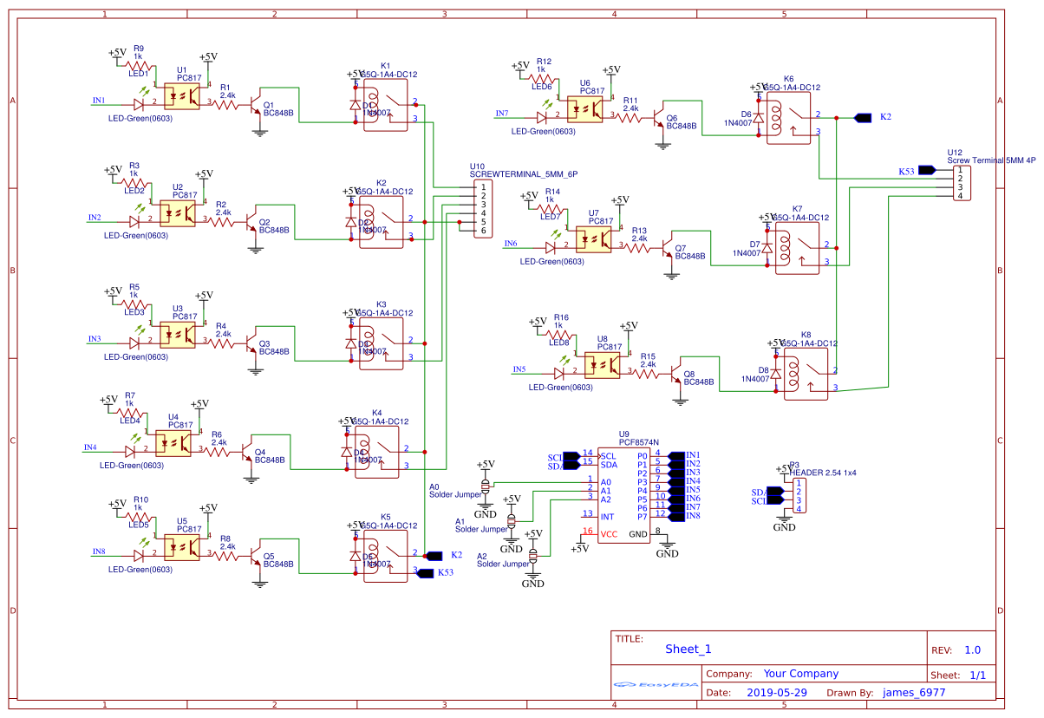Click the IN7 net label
pos(502,114)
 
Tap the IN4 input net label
pos(90,447)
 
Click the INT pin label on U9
pos(607,517)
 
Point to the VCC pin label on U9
pos(610,534)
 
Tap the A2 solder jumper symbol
pos(533,556)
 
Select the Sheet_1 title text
pos(688,649)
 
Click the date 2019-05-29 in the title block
pos(776,693)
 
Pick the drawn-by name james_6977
pos(914,693)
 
